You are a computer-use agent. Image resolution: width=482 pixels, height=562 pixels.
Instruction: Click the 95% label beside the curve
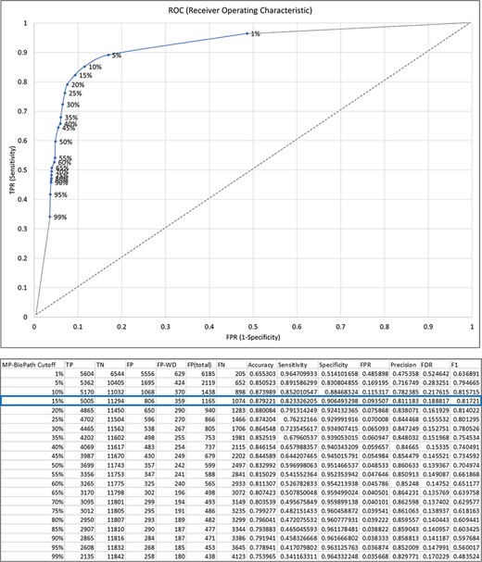60,195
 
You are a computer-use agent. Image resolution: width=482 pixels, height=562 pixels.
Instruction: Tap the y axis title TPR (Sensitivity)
7,169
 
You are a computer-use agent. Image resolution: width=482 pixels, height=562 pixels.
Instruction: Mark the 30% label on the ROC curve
72,105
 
